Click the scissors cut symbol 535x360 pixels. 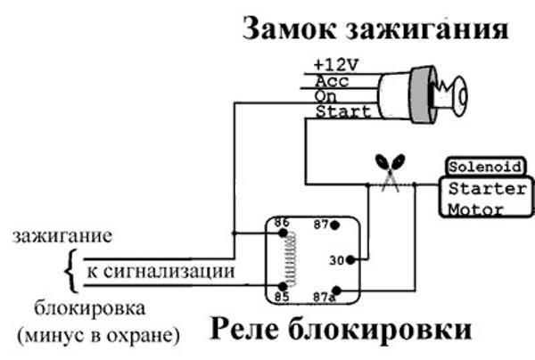click(x=391, y=169)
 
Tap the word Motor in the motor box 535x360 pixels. click(x=475, y=210)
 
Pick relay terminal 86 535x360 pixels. click(x=282, y=222)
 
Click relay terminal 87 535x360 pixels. click(x=322, y=225)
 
